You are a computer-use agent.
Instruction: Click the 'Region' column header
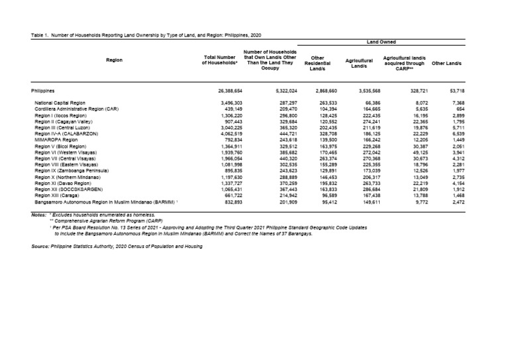tap(114, 60)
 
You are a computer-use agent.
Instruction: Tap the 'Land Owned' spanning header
tap(381, 42)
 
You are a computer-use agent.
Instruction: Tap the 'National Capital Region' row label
tap(62, 103)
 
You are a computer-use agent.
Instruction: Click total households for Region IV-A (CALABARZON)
tap(231, 134)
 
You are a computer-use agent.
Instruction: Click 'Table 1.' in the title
tap(42, 33)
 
